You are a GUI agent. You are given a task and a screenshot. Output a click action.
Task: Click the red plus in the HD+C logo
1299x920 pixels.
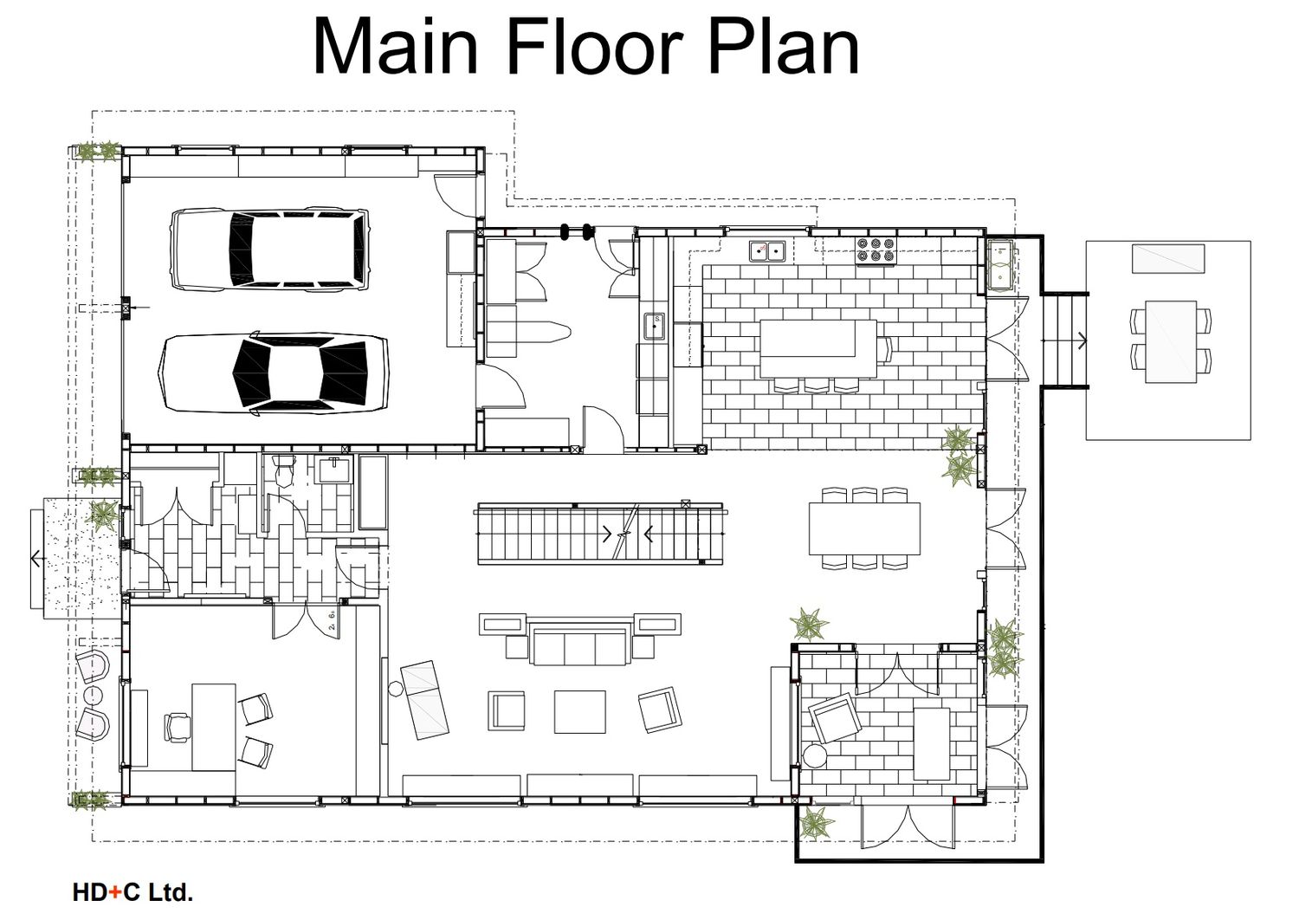tap(114, 893)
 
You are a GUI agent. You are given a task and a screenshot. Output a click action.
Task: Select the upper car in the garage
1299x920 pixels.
tap(269, 249)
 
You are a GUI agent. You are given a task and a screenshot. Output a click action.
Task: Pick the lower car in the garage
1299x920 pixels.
tap(274, 373)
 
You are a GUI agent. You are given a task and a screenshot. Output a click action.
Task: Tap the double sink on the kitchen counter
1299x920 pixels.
tap(766, 252)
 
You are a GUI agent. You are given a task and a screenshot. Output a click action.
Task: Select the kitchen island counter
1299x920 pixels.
tap(818, 348)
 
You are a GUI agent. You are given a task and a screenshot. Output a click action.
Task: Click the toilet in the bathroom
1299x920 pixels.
tap(284, 470)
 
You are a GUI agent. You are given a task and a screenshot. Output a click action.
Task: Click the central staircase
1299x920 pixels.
tap(600, 534)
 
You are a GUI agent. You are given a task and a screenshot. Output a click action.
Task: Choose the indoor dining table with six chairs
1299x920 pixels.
tap(864, 528)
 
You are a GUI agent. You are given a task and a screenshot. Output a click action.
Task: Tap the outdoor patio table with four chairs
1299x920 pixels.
tap(1171, 341)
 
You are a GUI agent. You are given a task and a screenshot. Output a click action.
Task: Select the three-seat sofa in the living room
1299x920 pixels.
tap(580, 644)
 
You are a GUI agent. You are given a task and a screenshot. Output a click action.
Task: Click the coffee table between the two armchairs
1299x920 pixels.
tap(580, 712)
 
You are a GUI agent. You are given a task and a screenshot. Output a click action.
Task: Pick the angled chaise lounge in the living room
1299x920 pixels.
tap(425, 700)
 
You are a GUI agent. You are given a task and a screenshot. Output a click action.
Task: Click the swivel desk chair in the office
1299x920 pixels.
tap(178, 727)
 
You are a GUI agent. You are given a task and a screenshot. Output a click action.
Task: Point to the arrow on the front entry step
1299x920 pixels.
tap(38, 560)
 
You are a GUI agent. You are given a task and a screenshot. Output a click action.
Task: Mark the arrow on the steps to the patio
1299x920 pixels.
tap(1082, 340)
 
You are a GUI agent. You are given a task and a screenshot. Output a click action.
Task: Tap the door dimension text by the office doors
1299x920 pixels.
tap(333, 620)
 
